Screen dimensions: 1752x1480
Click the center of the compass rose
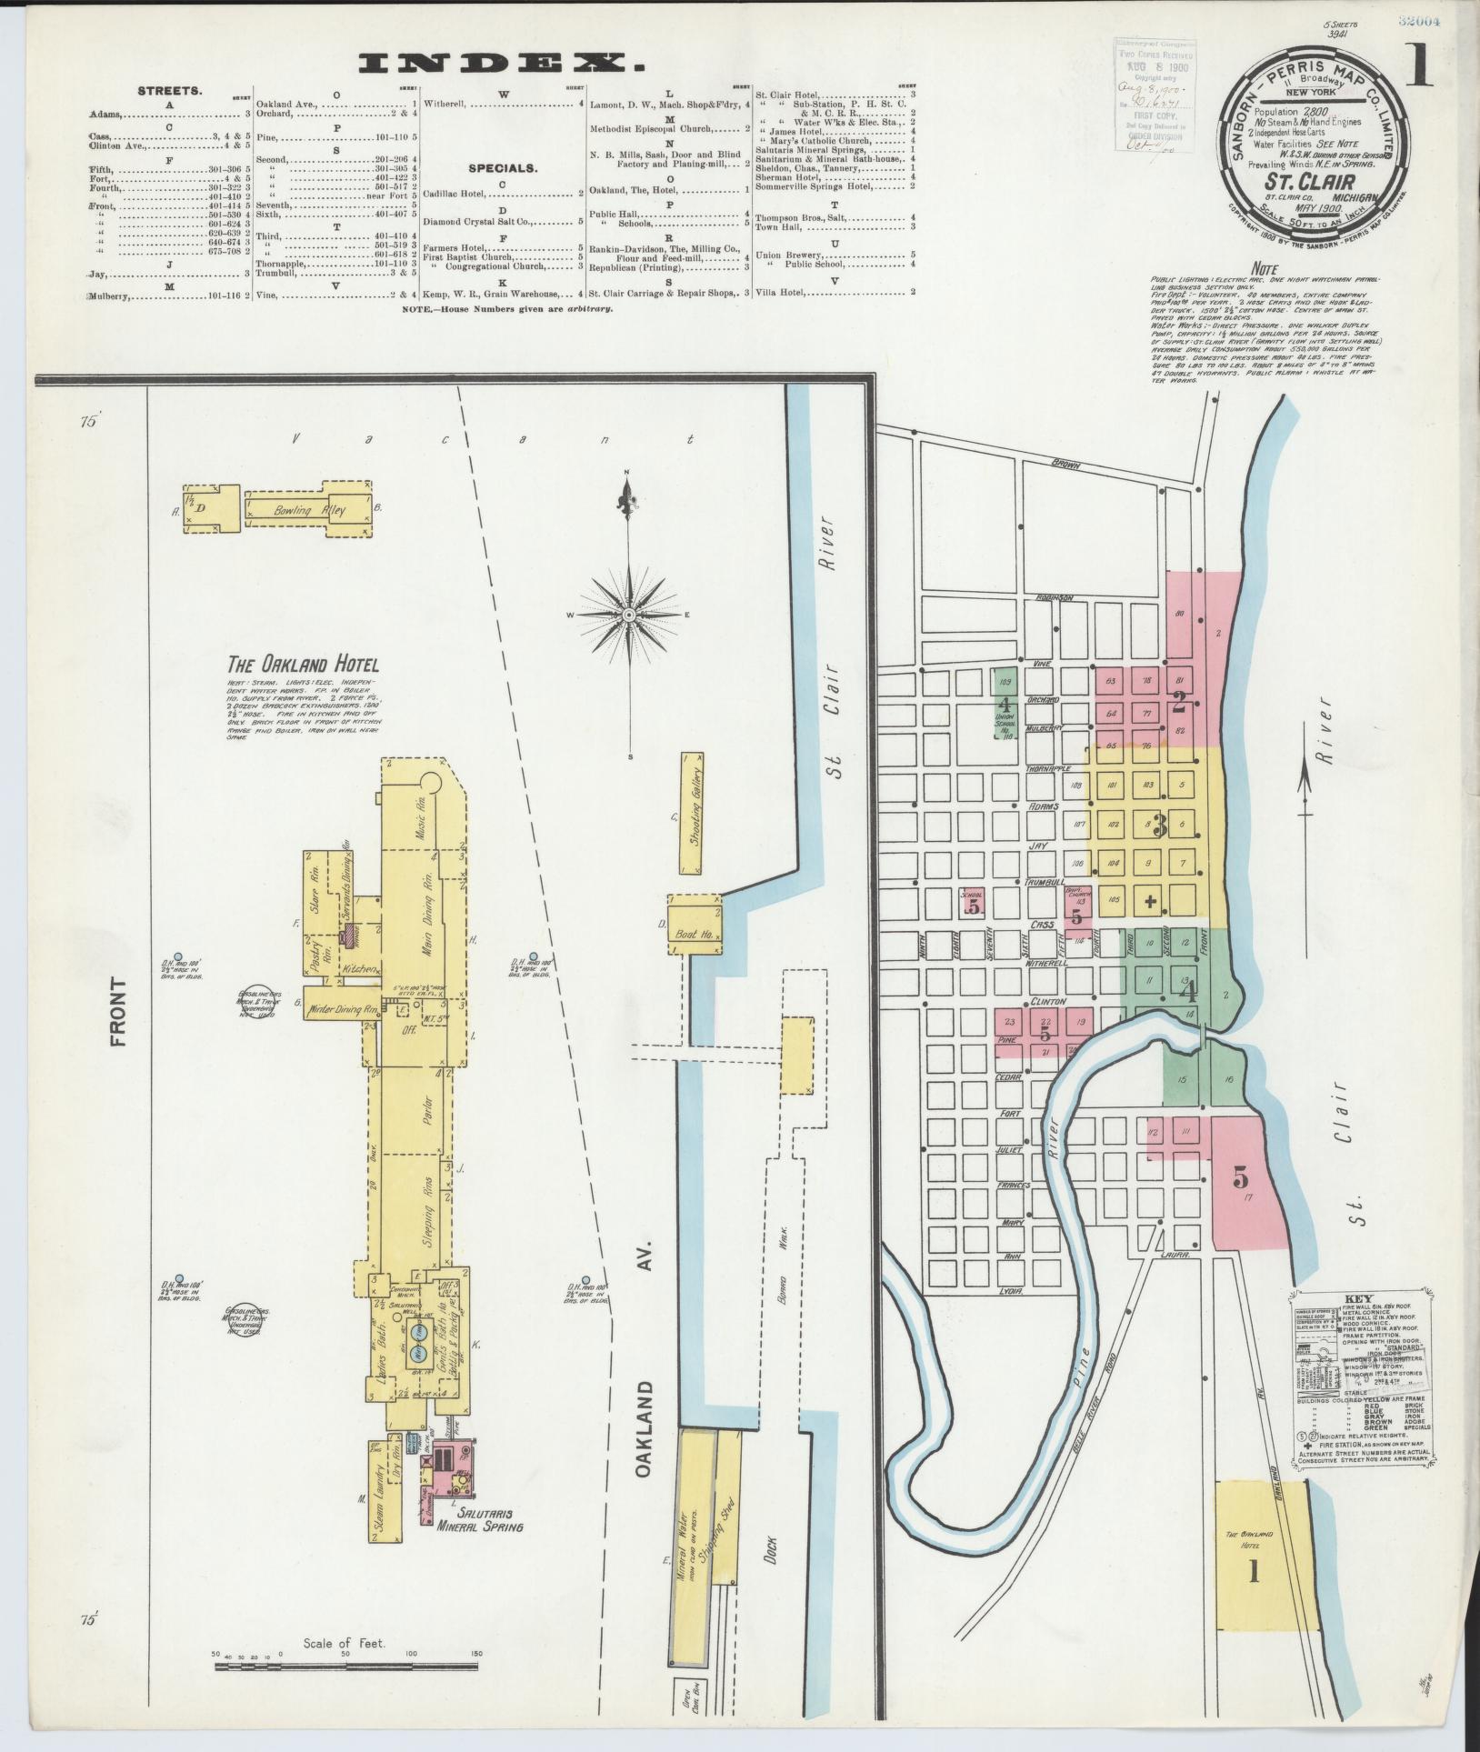[x=628, y=616]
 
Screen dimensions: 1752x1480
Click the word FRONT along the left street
[x=118, y=1012]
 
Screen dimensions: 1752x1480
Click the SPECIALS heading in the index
[x=502, y=168]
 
